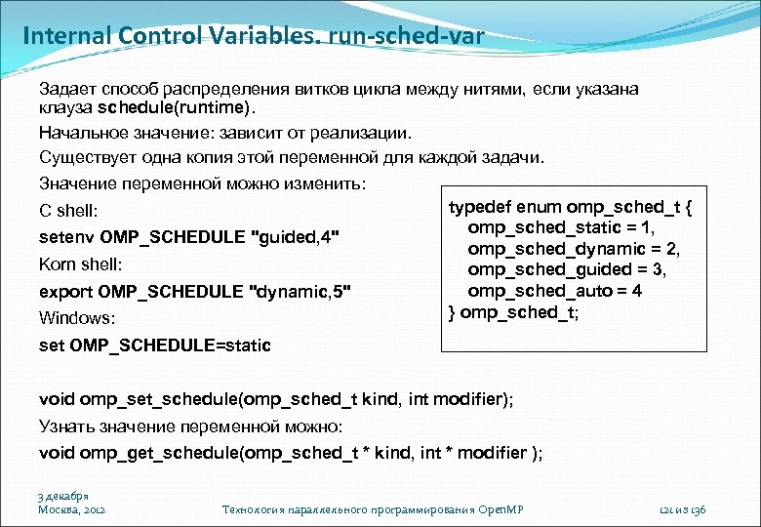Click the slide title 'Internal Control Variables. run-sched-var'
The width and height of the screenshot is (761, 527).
point(253,38)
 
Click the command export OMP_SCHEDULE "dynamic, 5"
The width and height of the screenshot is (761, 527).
point(194,292)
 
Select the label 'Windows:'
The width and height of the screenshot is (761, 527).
point(77,318)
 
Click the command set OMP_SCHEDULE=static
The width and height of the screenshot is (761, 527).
point(155,345)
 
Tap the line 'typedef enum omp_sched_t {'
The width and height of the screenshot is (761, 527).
point(570,206)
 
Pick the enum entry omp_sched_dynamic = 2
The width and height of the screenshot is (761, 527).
point(574,249)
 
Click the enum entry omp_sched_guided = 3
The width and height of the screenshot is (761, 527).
point(567,270)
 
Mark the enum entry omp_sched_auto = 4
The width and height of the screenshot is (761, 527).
point(554,291)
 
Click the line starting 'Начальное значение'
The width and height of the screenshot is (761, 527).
point(225,132)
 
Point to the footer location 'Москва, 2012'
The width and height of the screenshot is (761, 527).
point(71,509)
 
